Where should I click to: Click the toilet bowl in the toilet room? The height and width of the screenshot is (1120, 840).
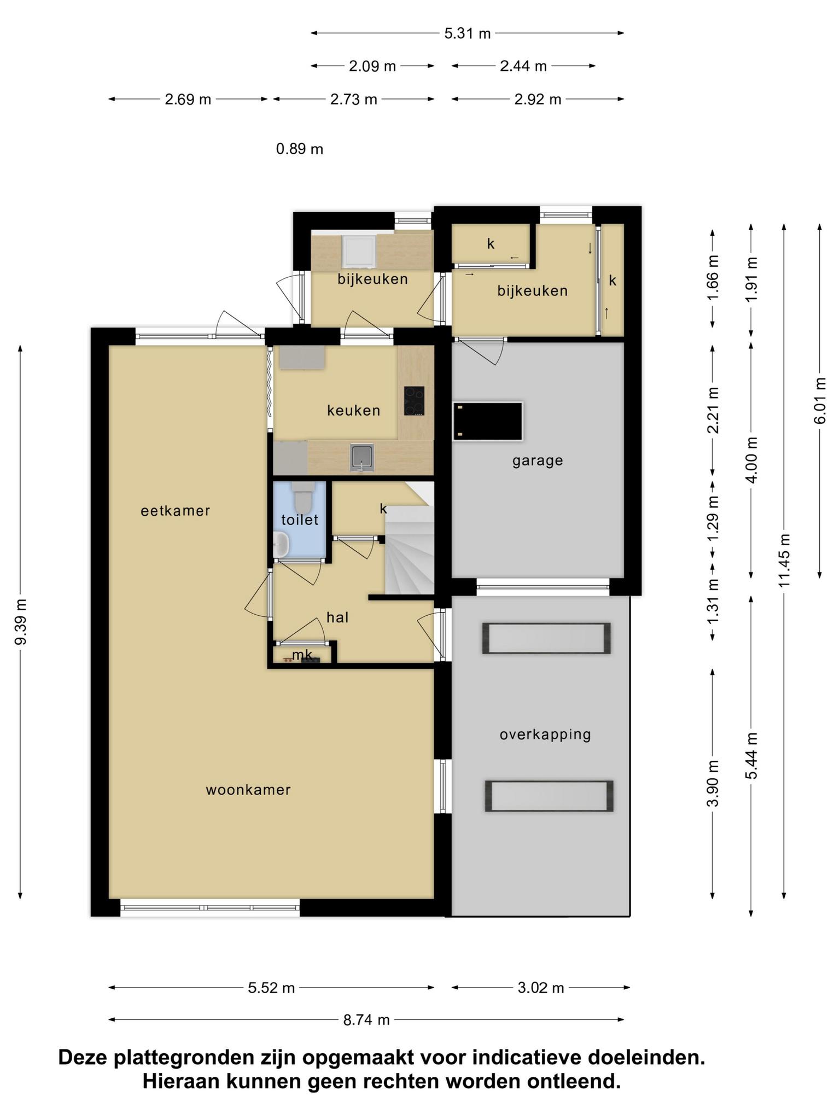click(x=301, y=495)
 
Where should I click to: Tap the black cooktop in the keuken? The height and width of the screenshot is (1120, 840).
click(x=414, y=401)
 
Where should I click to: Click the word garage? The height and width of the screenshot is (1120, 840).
click(x=538, y=460)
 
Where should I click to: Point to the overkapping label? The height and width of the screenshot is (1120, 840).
click(x=545, y=734)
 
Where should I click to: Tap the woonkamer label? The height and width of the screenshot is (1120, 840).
click(x=248, y=790)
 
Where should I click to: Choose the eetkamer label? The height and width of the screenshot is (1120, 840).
click(x=176, y=511)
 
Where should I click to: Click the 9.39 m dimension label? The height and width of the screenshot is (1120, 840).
click(x=21, y=622)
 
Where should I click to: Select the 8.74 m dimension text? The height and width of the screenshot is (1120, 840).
click(x=366, y=1019)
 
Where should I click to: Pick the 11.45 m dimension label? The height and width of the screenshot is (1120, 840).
click(x=785, y=561)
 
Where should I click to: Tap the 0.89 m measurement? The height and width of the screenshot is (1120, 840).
click(x=300, y=149)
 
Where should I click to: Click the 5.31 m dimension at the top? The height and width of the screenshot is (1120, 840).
click(x=468, y=33)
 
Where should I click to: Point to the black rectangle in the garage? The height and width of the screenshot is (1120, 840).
click(x=488, y=421)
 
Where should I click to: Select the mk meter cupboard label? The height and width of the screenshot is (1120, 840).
click(x=302, y=654)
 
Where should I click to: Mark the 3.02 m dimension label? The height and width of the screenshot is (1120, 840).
click(x=541, y=988)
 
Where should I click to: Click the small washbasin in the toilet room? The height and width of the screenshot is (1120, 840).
click(x=281, y=545)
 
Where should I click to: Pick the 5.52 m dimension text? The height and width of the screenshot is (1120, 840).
click(x=271, y=988)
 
